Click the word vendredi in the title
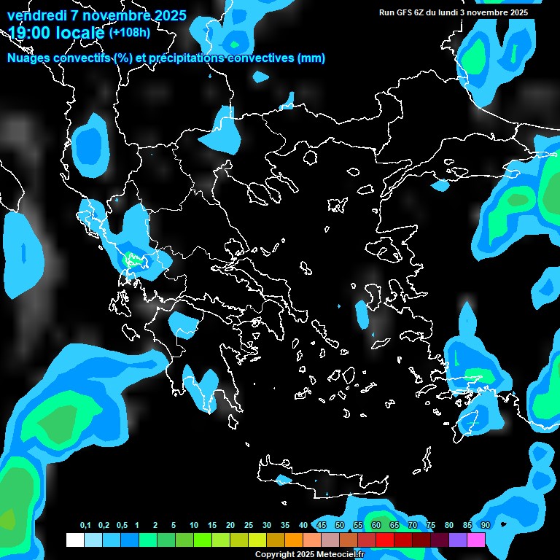(36, 15)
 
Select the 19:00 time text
(32, 32)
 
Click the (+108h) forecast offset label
(129, 32)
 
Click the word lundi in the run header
(455, 12)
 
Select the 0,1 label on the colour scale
(85, 526)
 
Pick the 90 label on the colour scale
(486, 526)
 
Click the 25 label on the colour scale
(249, 526)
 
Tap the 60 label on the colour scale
(376, 526)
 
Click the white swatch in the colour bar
(74, 540)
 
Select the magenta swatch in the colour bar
(476, 540)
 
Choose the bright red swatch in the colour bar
(385, 540)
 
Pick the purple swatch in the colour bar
(458, 540)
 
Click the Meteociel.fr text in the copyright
(339, 555)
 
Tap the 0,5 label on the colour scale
(122, 526)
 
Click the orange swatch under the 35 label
(293, 540)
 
